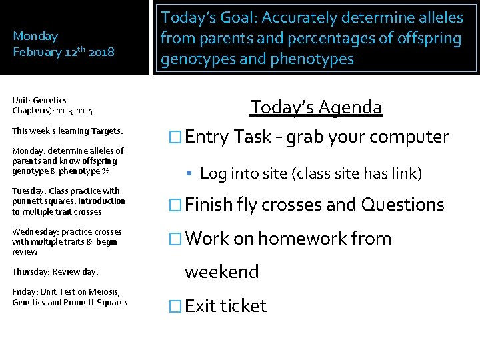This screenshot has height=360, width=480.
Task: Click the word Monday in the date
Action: [35, 36]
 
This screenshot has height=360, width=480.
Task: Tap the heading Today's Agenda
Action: [316, 107]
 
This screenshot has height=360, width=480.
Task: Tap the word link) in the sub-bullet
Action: [403, 174]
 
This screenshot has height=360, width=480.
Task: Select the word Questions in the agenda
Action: [403, 205]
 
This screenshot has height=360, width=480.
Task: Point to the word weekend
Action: [221, 271]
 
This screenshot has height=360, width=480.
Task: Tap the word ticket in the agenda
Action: [243, 306]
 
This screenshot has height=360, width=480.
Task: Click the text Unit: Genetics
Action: [39, 100]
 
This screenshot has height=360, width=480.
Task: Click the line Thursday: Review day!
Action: [55, 272]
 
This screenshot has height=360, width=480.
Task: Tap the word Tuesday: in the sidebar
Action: [29, 191]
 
